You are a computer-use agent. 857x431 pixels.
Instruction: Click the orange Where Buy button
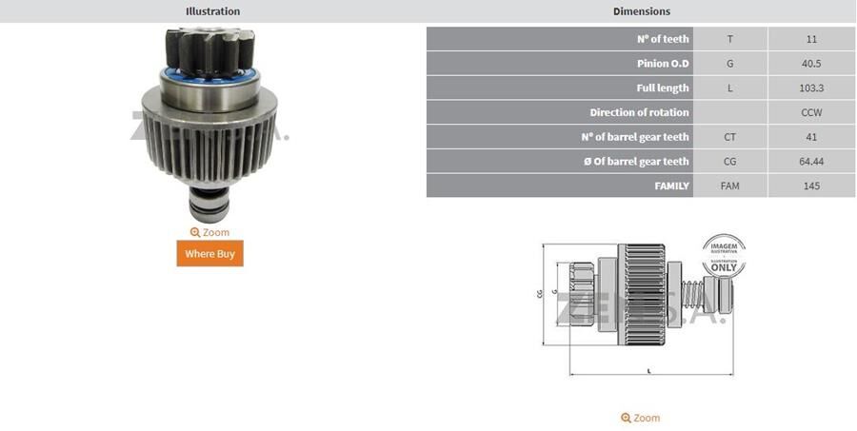[x=209, y=253]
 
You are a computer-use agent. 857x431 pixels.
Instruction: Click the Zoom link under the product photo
[x=209, y=232]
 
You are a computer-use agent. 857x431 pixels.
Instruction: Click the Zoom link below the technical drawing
[x=640, y=418]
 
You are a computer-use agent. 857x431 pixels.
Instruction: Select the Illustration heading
[x=212, y=11]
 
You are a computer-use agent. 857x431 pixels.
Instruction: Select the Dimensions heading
[x=641, y=11]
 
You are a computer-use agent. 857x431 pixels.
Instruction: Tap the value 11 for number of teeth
[x=811, y=39]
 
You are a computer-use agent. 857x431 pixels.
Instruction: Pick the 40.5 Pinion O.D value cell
[x=811, y=64]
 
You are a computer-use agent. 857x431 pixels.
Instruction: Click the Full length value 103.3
[x=811, y=88]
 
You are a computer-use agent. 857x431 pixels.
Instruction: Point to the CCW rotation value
[x=811, y=112]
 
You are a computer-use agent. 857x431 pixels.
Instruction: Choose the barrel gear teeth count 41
[x=811, y=137]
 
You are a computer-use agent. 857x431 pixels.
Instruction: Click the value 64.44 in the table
[x=811, y=161]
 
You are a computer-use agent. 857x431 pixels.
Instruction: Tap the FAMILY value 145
[x=811, y=186]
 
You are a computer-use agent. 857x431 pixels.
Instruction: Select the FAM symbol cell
[x=729, y=186]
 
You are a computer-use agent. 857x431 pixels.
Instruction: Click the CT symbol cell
[x=729, y=137]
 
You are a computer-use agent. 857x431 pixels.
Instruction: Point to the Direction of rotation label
[x=638, y=112]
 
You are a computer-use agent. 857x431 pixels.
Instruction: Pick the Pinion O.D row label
[x=663, y=64]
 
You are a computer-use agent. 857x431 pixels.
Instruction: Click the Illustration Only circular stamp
[x=724, y=256]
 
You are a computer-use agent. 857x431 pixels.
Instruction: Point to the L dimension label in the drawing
[x=649, y=370]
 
